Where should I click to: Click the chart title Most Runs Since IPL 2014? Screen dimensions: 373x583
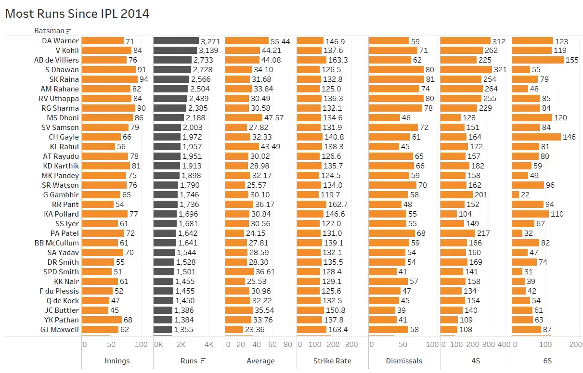point(77,13)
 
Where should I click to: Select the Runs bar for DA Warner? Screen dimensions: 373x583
point(176,41)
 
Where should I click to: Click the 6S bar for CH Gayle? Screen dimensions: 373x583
point(536,137)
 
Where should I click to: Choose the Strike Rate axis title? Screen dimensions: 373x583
point(332,361)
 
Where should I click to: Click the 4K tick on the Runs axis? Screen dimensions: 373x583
point(209,345)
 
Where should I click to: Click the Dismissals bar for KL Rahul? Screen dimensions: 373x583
point(384,147)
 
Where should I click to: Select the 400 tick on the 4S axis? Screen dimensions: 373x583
point(504,345)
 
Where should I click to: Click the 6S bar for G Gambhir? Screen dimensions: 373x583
point(516,195)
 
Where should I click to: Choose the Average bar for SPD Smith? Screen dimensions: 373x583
point(239,272)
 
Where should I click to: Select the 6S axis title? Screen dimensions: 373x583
point(547,361)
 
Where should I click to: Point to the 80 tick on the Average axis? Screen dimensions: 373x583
point(288,345)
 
